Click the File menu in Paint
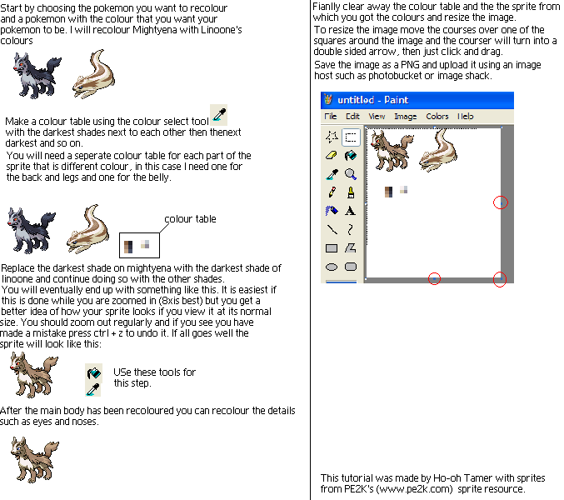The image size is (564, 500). pyautogui.click(x=330, y=116)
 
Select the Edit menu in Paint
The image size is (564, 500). pyautogui.click(x=352, y=116)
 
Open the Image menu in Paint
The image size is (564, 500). pyautogui.click(x=406, y=117)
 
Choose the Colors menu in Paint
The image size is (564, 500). pyautogui.click(x=437, y=116)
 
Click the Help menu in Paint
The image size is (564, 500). pyautogui.click(x=465, y=116)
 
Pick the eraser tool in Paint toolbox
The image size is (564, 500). pyautogui.click(x=332, y=155)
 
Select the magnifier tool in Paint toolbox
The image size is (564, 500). pyautogui.click(x=351, y=174)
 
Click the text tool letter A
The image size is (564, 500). pyautogui.click(x=350, y=211)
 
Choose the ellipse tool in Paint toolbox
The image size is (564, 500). pyautogui.click(x=332, y=267)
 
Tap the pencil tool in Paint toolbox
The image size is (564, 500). pyautogui.click(x=332, y=192)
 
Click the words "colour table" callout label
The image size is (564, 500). pyautogui.click(x=190, y=219)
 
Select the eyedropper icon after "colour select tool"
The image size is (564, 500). pyautogui.click(x=219, y=114)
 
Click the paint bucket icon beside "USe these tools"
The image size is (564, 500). pyautogui.click(x=93, y=372)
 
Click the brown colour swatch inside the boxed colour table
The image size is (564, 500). pyautogui.click(x=128, y=247)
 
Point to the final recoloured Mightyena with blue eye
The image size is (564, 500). pyautogui.click(x=34, y=460)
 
